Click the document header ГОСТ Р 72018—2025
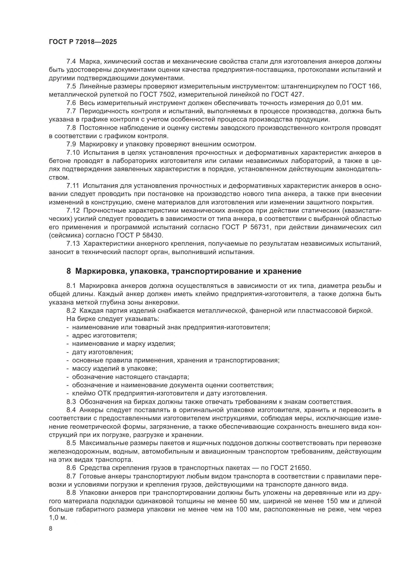point(83,42)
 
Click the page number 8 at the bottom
point(51,529)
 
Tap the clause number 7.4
point(71,62)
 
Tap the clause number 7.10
point(73,153)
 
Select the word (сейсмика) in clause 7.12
point(66,235)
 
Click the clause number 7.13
point(73,244)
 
